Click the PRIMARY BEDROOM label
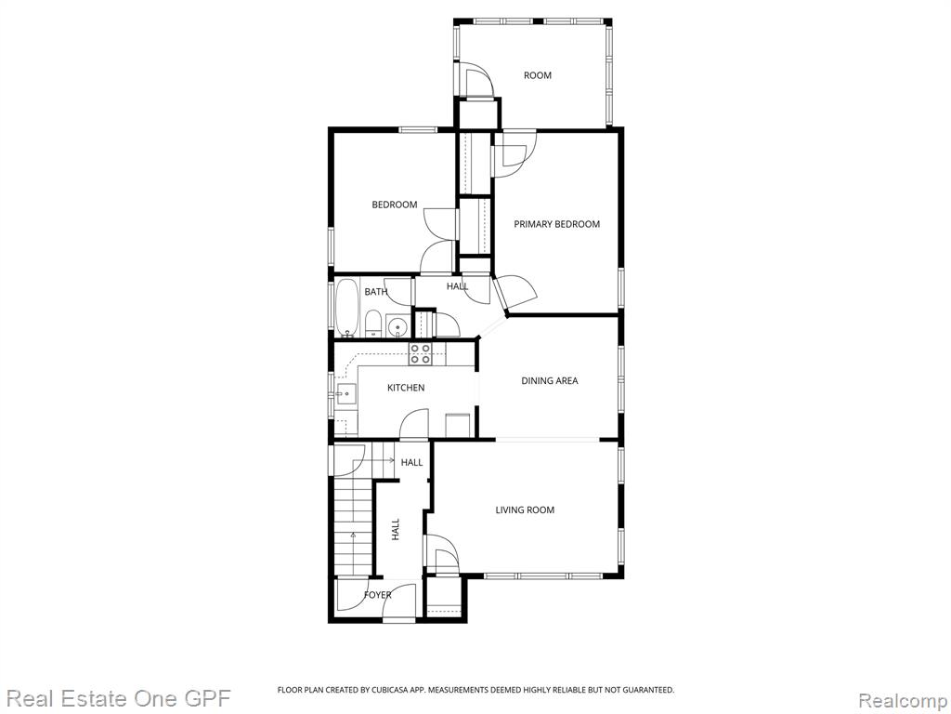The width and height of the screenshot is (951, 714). click(557, 224)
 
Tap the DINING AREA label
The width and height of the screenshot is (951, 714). click(550, 380)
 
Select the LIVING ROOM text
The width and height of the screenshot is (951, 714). click(525, 510)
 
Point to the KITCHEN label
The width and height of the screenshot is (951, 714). click(406, 388)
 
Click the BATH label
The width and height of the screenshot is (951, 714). click(375, 292)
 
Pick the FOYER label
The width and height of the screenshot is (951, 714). click(377, 595)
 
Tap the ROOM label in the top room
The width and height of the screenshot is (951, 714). click(538, 75)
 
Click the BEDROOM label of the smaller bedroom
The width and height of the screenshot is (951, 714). click(394, 205)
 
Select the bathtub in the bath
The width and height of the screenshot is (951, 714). click(348, 308)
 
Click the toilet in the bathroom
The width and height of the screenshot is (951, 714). click(373, 324)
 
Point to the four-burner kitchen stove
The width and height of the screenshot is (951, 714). click(420, 353)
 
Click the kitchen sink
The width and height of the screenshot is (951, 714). click(345, 394)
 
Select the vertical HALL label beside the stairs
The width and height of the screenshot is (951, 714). click(396, 529)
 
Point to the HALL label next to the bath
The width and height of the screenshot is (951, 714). click(457, 286)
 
